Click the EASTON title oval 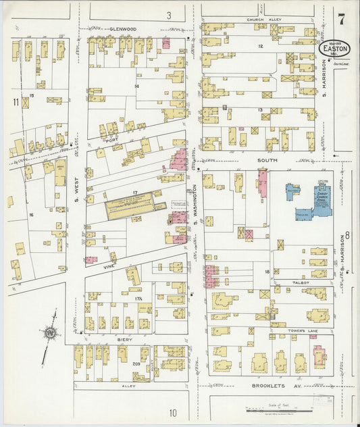pos(336,49)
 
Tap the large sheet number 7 pos(342,19)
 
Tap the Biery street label pos(124,340)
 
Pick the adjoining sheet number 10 pos(173,412)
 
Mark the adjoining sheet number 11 pos(15,102)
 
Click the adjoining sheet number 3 pos(169,14)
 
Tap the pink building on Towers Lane pos(319,355)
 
